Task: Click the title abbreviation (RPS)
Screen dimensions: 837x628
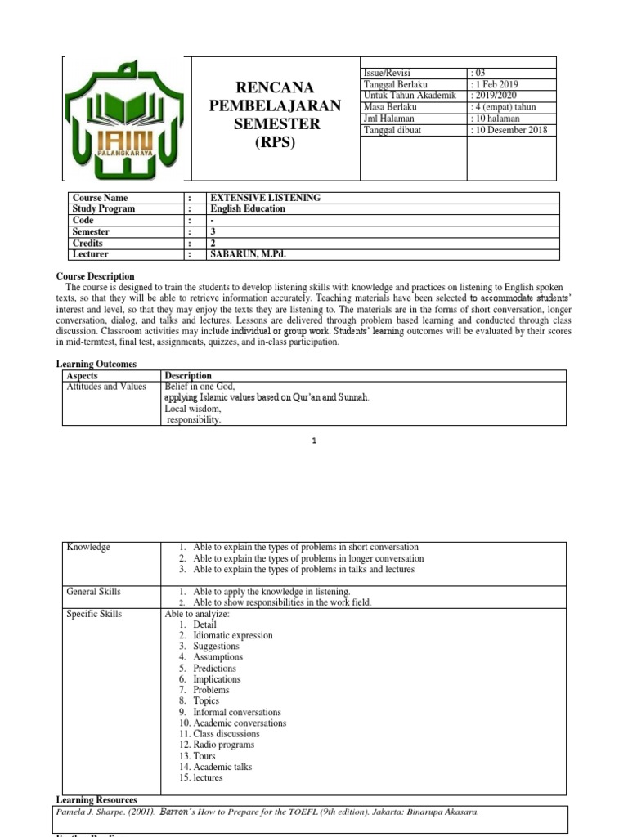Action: pyautogui.click(x=275, y=142)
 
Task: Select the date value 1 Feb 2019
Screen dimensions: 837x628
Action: pyautogui.click(x=496, y=84)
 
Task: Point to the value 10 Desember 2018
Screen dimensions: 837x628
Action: pyautogui.click(x=511, y=130)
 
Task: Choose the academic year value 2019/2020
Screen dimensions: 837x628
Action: pyautogui.click(x=496, y=96)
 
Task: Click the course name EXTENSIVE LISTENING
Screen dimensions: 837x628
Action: pyautogui.click(x=266, y=198)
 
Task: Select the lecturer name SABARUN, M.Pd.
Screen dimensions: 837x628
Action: pyautogui.click(x=249, y=254)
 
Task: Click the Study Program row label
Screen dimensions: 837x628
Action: pyautogui.click(x=104, y=209)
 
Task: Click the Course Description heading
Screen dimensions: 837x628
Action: pyautogui.click(x=95, y=276)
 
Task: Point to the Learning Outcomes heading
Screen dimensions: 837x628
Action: pyautogui.click(x=96, y=364)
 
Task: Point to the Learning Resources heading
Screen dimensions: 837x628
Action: pyautogui.click(x=96, y=799)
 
